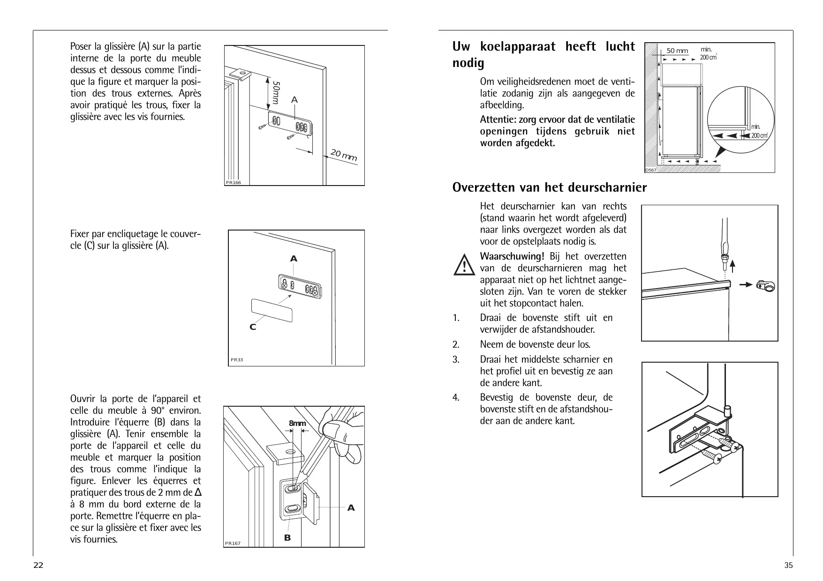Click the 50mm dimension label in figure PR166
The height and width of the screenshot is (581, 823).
click(x=276, y=93)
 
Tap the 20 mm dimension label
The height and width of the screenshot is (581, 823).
click(x=343, y=155)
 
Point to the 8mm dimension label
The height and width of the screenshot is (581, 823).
click(x=297, y=424)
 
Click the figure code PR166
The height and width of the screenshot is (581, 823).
click(x=233, y=183)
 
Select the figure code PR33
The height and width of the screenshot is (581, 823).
click(x=237, y=360)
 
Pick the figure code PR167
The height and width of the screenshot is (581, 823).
click(x=233, y=544)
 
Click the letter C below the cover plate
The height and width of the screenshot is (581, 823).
click(x=253, y=327)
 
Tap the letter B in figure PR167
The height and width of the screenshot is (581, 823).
click(x=287, y=538)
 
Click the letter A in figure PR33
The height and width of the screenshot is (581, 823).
click(x=294, y=259)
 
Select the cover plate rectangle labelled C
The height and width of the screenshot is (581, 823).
click(x=272, y=310)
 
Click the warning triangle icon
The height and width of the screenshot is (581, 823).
click(x=464, y=265)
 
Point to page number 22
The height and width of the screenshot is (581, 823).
click(x=38, y=565)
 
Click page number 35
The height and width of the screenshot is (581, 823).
click(x=788, y=565)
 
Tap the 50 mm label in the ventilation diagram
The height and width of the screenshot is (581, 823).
click(x=677, y=51)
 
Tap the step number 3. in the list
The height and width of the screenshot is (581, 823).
click(x=456, y=359)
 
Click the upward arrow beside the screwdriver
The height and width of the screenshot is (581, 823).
click(x=732, y=265)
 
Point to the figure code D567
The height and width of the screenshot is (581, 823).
click(x=651, y=170)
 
